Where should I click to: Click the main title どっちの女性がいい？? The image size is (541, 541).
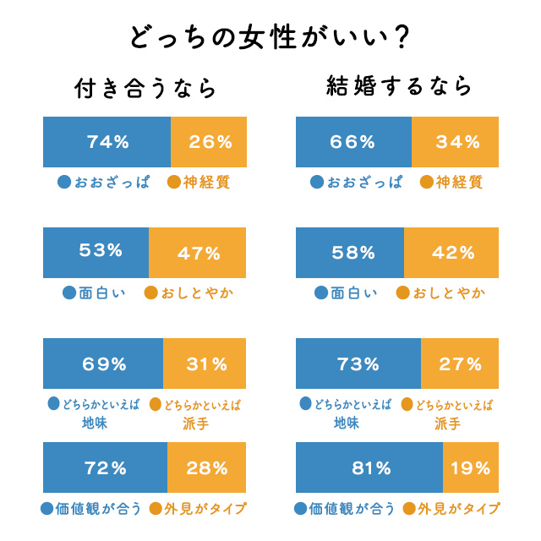coord(270,38)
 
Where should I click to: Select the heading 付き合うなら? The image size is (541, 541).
coord(146,89)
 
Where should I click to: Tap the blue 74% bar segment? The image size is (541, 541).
coord(107,142)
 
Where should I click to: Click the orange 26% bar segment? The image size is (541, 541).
coord(209,142)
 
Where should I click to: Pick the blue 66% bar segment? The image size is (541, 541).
coord(353,142)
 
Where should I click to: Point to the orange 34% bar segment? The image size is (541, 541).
coord(456,142)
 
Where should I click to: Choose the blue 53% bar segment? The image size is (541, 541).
coord(96,252)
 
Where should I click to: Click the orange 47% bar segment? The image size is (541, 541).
coord(198,252)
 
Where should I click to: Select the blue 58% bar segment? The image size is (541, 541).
coord(350,252)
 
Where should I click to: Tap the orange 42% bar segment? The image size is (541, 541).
coord(451,252)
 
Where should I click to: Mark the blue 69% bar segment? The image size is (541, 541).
coord(102,363)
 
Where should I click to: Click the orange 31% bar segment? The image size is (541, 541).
coord(205,363)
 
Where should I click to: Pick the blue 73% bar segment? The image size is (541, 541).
coord(358,363)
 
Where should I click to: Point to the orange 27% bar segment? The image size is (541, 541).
coord(460,363)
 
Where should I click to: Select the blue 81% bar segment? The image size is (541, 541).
coord(369,467)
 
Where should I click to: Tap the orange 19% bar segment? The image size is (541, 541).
coord(471,467)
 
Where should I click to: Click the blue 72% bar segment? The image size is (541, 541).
coord(105,467)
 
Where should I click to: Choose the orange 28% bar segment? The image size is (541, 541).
coord(207,467)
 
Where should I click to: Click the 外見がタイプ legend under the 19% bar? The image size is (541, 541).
coord(456,509)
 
